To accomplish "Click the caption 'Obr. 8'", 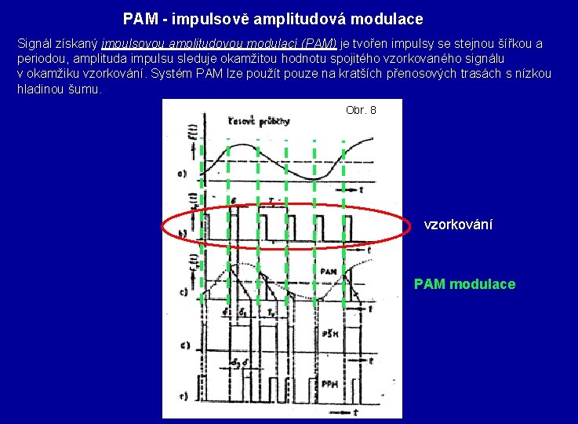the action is (x=361, y=110).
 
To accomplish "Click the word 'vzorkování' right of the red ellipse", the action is (x=458, y=225).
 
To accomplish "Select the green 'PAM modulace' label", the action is (x=464, y=284).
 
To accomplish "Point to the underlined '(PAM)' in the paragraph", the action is (x=319, y=44).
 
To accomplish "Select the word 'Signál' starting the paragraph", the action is (x=35, y=44).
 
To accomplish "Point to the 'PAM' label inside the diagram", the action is (x=329, y=271).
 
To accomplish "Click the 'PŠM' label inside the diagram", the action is (x=330, y=334).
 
